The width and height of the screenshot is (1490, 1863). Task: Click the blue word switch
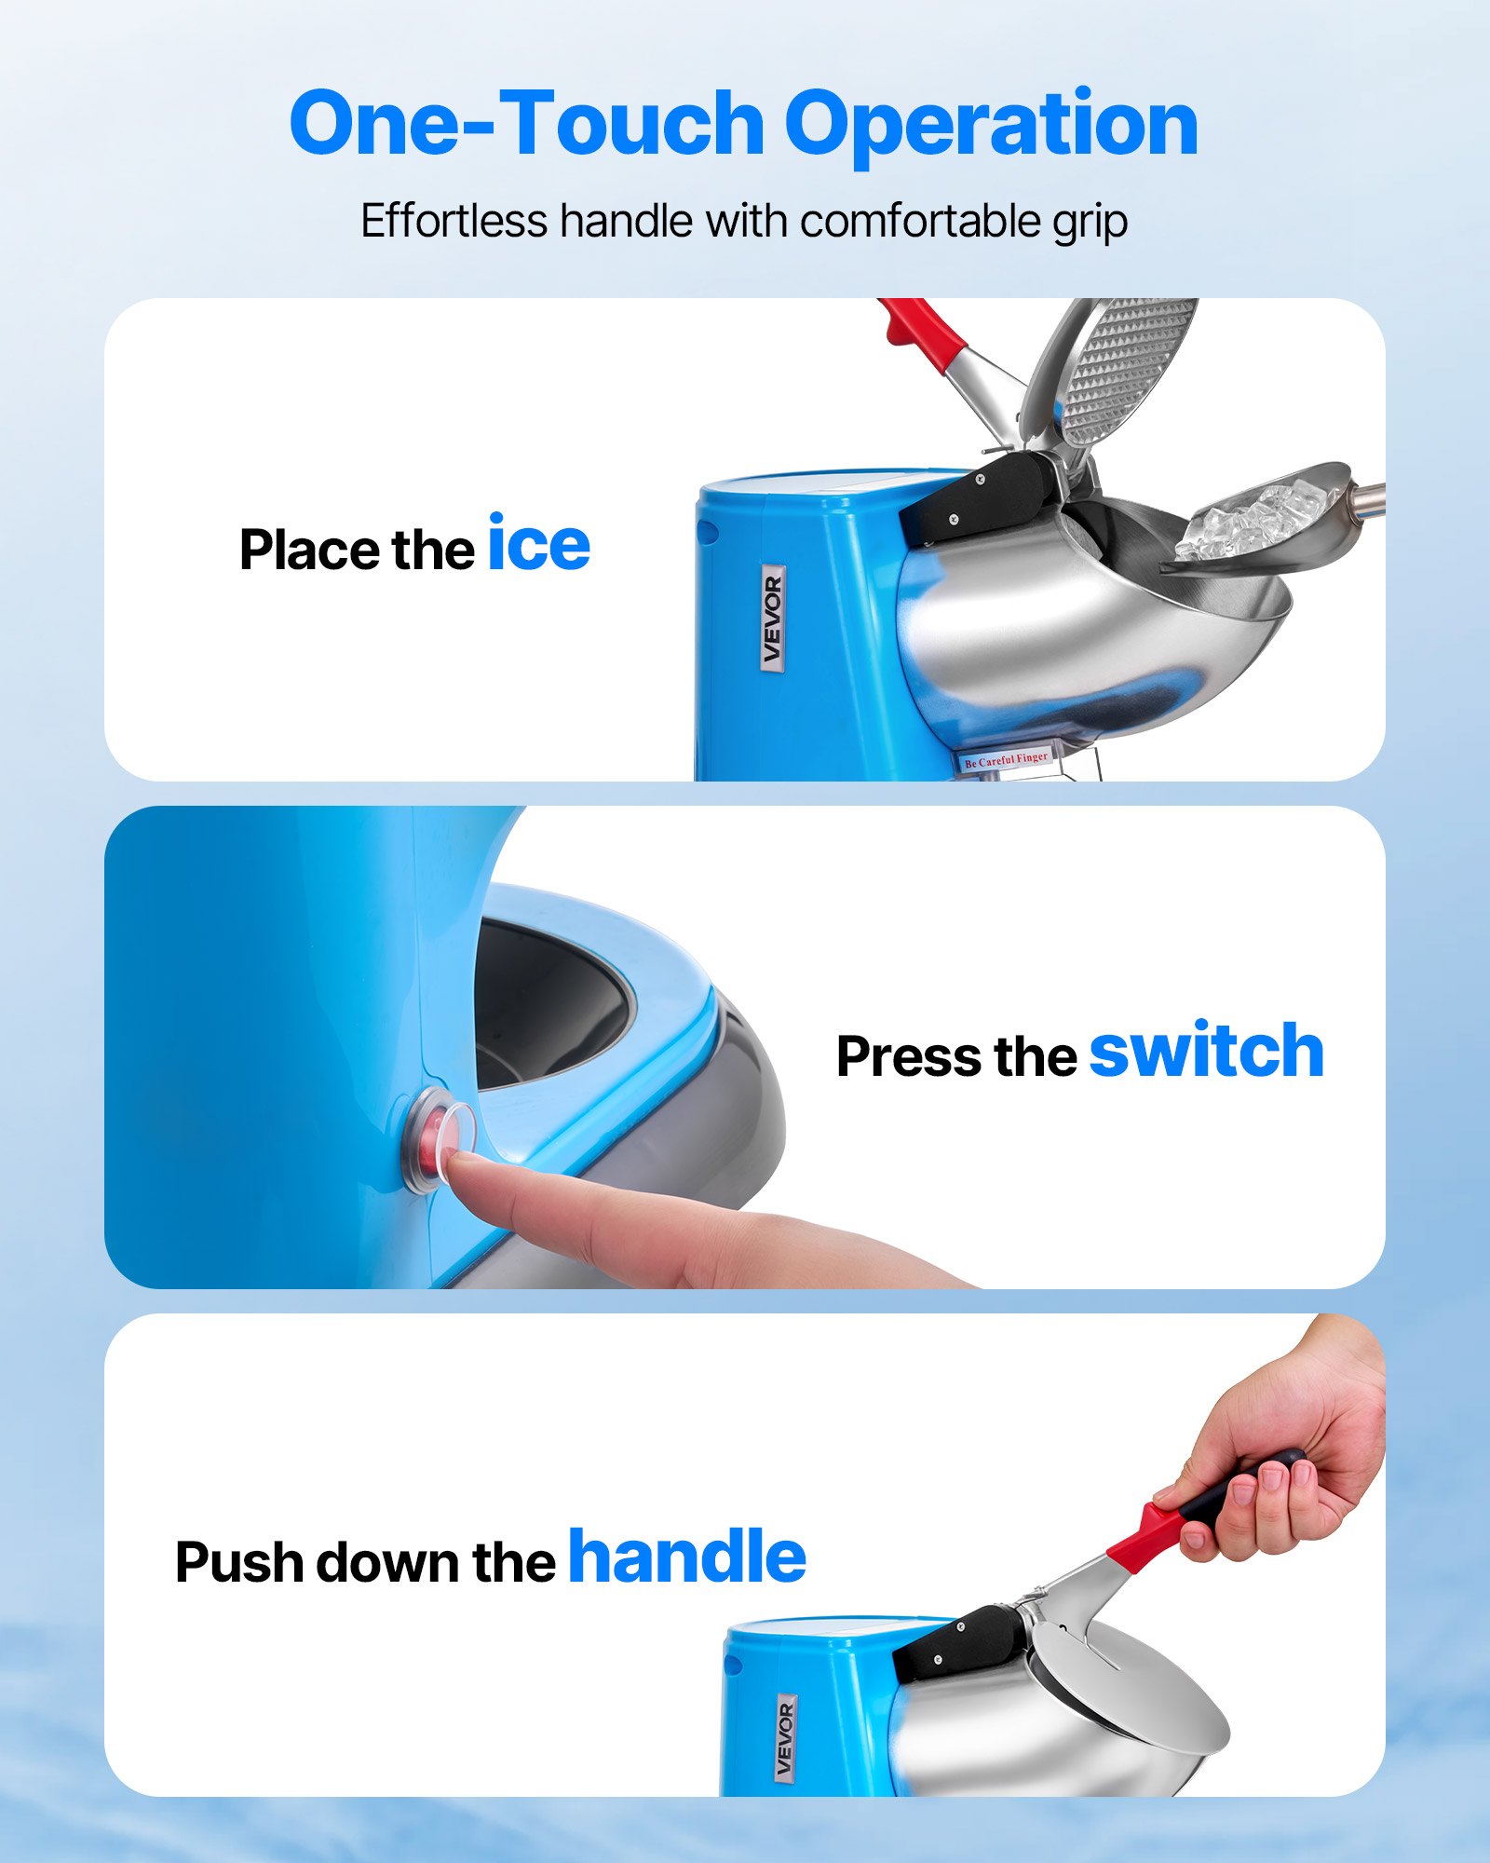coord(1206,1052)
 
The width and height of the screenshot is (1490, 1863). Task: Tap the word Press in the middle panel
coord(908,1057)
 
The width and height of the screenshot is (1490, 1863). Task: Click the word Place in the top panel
coord(309,550)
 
